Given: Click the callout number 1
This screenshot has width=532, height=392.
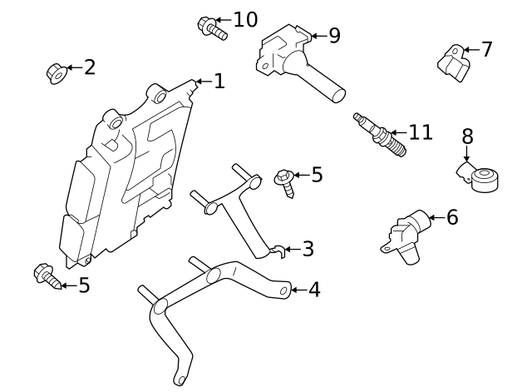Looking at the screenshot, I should click(219, 82).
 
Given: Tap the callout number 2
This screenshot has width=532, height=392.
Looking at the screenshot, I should click(90, 67).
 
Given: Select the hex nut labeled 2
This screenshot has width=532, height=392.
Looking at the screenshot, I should click(55, 72).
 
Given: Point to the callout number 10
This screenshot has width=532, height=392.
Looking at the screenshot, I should click(245, 19).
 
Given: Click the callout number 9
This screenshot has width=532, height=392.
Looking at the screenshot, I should click(334, 36).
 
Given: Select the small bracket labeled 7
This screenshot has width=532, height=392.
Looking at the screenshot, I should click(450, 60).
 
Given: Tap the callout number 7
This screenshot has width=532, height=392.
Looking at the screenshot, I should click(487, 50).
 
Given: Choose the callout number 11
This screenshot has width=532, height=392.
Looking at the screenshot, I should click(421, 132).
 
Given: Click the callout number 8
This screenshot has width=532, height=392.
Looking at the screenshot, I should click(467, 136).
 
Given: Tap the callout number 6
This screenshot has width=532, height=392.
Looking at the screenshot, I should click(452, 217).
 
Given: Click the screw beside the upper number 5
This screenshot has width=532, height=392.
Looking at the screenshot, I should click(285, 182).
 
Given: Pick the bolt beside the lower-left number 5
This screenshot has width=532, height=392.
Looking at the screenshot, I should click(47, 276).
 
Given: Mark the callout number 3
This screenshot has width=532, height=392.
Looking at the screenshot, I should click(308, 249).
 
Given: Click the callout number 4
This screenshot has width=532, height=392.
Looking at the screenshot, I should click(313, 290).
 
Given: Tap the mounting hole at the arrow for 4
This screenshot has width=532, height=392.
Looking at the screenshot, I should click(284, 290).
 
